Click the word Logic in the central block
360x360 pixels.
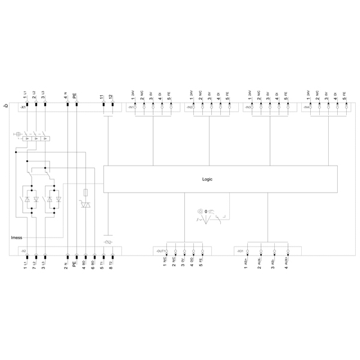coord(207,179)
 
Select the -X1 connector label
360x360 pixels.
coord(22,107)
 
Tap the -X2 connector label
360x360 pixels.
coord(22,251)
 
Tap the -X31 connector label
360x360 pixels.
coord(239,251)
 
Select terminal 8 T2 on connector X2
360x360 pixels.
coord(111,262)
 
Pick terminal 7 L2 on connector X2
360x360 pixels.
coord(35,262)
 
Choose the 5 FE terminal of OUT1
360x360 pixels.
coord(202,262)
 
